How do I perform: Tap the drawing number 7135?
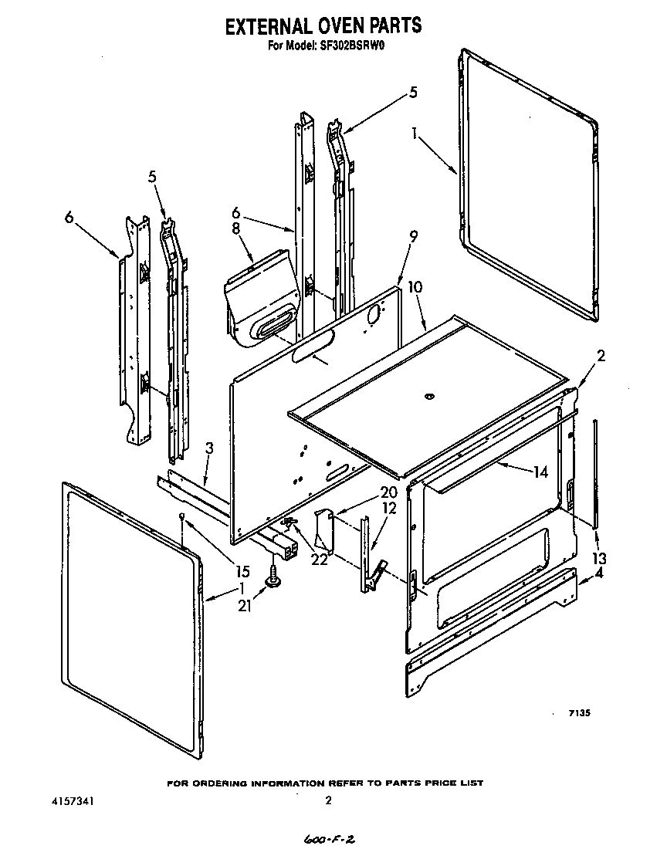pos(580,715)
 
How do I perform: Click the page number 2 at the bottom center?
pos(328,801)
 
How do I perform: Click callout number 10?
pos(415,286)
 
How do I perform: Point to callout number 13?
pos(599,558)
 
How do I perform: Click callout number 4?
pos(600,573)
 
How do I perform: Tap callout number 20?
pos(388,492)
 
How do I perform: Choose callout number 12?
pos(388,509)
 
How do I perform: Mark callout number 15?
pos(242,571)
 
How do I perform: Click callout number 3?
pos(208,449)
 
